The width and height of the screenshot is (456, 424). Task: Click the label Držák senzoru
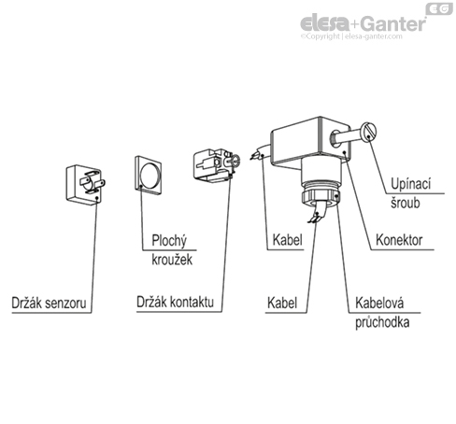pos(49,303)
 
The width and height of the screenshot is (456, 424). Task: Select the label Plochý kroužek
pos(172,249)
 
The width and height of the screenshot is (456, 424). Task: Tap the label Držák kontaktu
pos(175,302)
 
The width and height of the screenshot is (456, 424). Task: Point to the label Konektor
pos(399,240)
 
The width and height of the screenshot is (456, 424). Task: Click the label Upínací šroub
pos(410,193)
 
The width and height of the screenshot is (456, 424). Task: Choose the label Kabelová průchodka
pos(382,312)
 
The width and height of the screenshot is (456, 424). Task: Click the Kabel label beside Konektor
pos(287,240)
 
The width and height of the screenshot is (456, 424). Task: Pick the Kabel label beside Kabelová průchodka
pos(282,303)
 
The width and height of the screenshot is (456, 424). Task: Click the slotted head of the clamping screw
pos(369,132)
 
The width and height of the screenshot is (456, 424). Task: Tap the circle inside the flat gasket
pos(150,175)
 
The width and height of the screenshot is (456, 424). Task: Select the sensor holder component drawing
pos(86,185)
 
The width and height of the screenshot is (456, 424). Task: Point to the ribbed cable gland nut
pos(321,197)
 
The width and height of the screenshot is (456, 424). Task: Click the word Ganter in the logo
pos(394,23)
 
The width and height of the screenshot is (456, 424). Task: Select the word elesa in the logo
pos(325,23)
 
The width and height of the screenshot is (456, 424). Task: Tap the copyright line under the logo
pos(351,36)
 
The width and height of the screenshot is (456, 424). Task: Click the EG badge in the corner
pos(439,8)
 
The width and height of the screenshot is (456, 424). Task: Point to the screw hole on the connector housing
pos(335,138)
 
